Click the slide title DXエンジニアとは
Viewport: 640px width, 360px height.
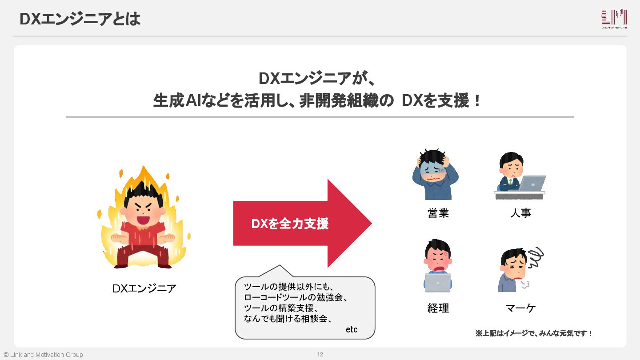click(x=80, y=19)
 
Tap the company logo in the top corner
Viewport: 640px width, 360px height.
click(x=614, y=20)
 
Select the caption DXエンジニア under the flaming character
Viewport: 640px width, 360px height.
click(x=144, y=289)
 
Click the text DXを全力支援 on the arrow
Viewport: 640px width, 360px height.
click(x=290, y=224)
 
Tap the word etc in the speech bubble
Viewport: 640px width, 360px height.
click(x=352, y=330)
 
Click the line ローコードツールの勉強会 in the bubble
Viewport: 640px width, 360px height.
click(x=296, y=297)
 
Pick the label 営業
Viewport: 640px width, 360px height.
click(x=438, y=213)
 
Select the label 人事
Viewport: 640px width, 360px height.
click(x=520, y=213)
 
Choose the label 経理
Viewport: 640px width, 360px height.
click(x=438, y=308)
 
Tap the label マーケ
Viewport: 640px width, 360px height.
click(x=520, y=308)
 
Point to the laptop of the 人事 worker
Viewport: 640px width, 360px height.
click(x=532, y=183)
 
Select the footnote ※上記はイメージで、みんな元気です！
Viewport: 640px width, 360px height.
click(x=534, y=333)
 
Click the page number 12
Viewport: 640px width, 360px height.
click(x=320, y=354)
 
